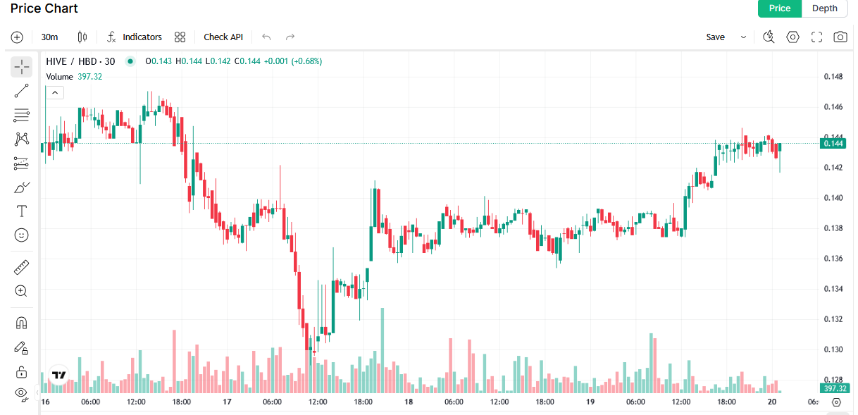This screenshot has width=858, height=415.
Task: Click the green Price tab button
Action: pos(779,8)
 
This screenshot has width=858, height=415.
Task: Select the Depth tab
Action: pos(825,8)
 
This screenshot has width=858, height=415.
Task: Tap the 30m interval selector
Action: pos(49,37)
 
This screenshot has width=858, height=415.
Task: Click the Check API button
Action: pos(223,37)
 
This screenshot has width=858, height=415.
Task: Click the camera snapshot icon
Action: pos(840,37)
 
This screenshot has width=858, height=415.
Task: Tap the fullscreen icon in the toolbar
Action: pos(816,37)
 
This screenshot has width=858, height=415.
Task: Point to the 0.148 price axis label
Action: pos(833,77)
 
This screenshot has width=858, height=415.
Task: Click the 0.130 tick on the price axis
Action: pos(833,349)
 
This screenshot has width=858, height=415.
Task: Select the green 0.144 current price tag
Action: pos(834,144)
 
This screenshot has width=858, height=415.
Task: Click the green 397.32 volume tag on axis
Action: pos(834,388)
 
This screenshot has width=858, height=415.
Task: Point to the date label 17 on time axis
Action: pos(227,402)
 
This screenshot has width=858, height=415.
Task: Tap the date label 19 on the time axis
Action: pos(590,402)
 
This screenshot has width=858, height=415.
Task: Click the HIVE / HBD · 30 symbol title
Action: pos(80,61)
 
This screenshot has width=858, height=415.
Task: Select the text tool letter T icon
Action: pos(22,211)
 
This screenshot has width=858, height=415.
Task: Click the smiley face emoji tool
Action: pos(22,235)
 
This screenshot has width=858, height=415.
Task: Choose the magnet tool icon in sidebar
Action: pos(22,323)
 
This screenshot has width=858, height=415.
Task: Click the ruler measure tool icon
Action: pos(22,267)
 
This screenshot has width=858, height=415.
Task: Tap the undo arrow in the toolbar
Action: pos(266,37)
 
